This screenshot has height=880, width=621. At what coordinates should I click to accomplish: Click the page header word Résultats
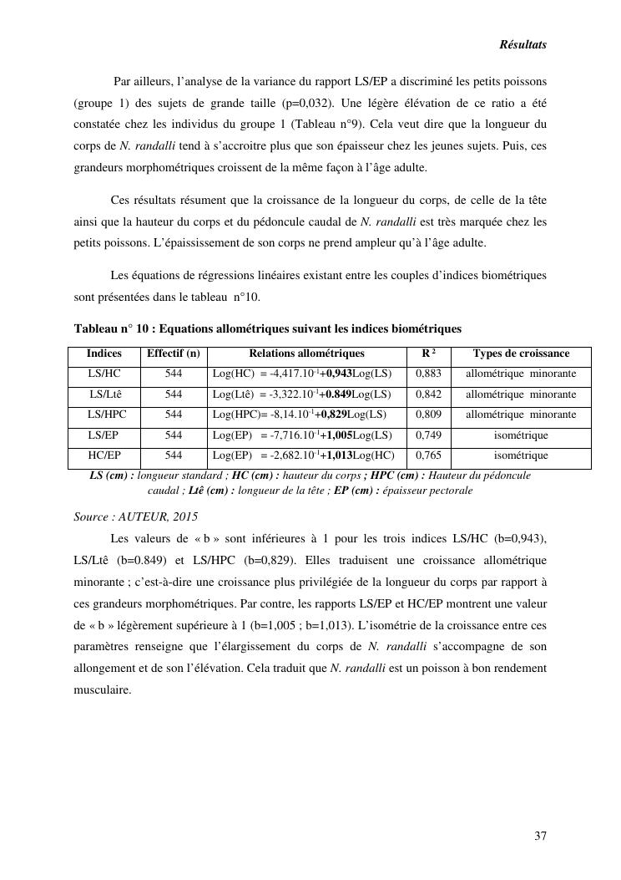click(x=523, y=45)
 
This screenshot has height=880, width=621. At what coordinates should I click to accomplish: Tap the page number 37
click(x=540, y=836)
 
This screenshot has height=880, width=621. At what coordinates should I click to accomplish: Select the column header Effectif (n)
click(x=173, y=354)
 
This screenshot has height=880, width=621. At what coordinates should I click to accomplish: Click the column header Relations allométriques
click(x=306, y=354)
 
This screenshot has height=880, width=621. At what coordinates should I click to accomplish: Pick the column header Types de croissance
click(x=521, y=354)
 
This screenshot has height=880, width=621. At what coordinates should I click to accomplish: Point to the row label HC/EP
click(x=104, y=455)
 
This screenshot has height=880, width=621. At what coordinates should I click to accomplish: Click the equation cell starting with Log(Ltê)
click(x=301, y=394)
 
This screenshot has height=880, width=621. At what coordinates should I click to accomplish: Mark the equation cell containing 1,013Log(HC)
click(x=303, y=455)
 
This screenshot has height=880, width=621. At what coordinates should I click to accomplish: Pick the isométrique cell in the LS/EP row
click(x=521, y=435)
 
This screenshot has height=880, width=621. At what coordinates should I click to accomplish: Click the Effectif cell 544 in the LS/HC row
click(x=173, y=374)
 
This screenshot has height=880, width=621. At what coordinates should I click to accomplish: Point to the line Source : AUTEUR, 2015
click(x=136, y=517)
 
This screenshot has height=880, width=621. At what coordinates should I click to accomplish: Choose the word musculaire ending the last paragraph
click(x=103, y=691)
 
